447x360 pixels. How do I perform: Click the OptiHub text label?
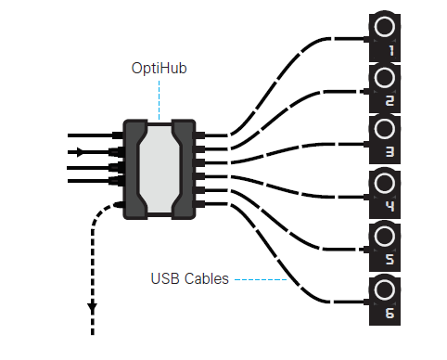(x=159, y=69)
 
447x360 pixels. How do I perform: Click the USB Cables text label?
(x=189, y=277)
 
